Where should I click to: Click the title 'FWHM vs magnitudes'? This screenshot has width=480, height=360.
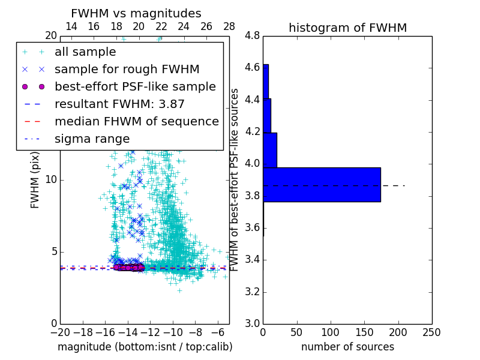(x=136, y=13)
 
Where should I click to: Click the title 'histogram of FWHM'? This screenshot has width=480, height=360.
(x=347, y=28)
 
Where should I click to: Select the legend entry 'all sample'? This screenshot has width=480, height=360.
(x=85, y=52)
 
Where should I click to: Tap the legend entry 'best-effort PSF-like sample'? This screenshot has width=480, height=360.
(x=135, y=87)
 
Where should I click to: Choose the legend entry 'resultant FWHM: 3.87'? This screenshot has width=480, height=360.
(x=119, y=104)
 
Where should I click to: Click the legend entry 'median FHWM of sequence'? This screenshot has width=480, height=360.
(x=136, y=122)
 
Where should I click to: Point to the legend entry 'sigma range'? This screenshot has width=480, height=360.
(x=92, y=139)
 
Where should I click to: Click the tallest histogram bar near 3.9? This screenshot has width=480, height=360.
(x=322, y=184)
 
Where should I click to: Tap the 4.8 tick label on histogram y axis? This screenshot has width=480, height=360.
(x=252, y=36)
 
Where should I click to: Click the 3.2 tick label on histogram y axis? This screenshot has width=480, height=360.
(x=252, y=292)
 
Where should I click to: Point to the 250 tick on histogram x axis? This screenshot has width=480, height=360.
(x=431, y=332)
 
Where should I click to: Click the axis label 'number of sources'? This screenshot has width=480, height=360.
(x=347, y=347)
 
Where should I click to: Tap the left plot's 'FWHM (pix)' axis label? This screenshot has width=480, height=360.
(x=35, y=179)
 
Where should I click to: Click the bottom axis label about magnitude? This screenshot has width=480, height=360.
(x=145, y=347)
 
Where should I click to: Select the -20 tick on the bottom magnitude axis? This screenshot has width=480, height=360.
(x=60, y=332)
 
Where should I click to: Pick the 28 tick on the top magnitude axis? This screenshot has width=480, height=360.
(x=229, y=27)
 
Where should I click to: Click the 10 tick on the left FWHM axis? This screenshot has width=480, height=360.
(x=50, y=180)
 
